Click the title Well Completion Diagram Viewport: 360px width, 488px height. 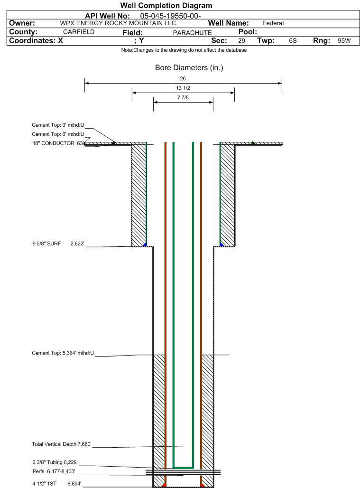coord(166,6)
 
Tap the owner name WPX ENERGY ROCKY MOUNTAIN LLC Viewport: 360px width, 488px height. coord(118,23)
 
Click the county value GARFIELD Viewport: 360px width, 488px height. coord(79,32)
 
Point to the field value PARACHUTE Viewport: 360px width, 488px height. coord(192,33)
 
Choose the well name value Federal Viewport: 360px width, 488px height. coord(273,23)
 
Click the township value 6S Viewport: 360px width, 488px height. coord(293,41)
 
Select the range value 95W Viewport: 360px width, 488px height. coord(344,41)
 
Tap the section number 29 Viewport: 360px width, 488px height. coord(241,41)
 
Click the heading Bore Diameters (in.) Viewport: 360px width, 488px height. coord(189,68)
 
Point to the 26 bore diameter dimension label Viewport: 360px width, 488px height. coord(183,79)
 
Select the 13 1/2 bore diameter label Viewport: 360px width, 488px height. coord(183,88)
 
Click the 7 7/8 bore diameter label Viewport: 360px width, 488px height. coord(183,97)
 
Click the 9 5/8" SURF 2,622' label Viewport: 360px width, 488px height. coord(58,244)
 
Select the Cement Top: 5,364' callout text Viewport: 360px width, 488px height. coord(63,353)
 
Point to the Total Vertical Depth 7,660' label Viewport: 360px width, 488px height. coord(62,444)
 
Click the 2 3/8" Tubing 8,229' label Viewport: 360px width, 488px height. coord(55,462)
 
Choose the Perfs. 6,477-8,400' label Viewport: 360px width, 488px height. coord(54,471)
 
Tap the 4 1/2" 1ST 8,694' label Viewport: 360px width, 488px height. coord(57,484)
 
